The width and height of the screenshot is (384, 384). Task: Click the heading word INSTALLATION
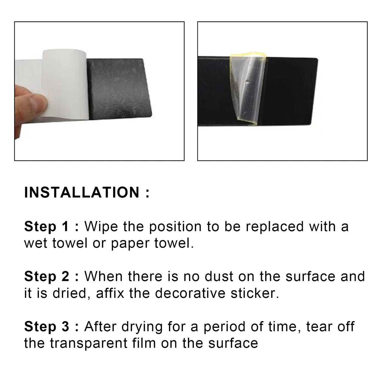click(x=82, y=193)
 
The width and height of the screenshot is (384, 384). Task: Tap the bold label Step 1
click(x=46, y=227)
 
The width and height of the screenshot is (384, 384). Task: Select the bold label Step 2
click(x=47, y=276)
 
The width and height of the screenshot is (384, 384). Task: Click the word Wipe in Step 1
click(x=101, y=227)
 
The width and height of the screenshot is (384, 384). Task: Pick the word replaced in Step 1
click(x=275, y=227)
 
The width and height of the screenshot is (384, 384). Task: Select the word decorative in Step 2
click(x=190, y=293)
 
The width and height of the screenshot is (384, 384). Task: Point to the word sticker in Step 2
click(x=255, y=293)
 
